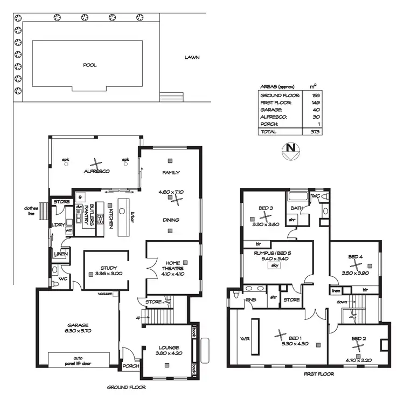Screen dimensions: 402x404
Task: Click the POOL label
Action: coord(89,65)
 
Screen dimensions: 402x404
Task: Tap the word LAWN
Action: coord(192,57)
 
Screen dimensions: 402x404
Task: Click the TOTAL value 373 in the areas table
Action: coord(313,132)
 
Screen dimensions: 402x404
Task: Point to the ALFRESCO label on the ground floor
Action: coord(96,171)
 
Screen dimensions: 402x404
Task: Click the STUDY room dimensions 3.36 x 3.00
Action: coord(105,274)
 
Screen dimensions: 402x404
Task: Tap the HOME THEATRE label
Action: coord(173,265)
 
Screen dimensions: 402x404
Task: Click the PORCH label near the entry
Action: coord(131,366)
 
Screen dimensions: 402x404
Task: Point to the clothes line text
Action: coord(30,210)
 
